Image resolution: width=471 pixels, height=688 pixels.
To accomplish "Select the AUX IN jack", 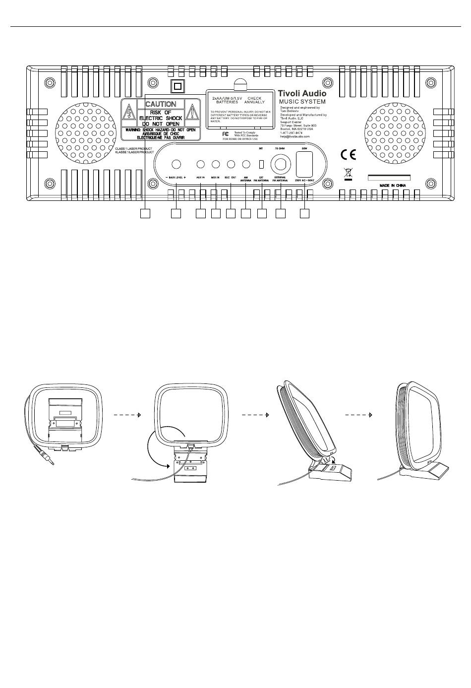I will [x=201, y=164].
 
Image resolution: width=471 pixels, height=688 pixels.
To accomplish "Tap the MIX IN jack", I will [x=216, y=164].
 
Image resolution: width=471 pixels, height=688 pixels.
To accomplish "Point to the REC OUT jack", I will [x=231, y=164].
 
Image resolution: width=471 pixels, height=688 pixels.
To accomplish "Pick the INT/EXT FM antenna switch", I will [x=261, y=164].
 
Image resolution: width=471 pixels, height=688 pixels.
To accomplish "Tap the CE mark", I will [x=349, y=154].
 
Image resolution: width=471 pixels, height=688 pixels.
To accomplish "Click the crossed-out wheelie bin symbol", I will [x=348, y=174].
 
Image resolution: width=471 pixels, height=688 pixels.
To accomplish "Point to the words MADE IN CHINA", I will [x=392, y=186].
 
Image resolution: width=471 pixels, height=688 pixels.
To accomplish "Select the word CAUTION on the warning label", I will [x=161, y=104].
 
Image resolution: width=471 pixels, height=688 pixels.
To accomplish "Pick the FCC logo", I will [x=226, y=134].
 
